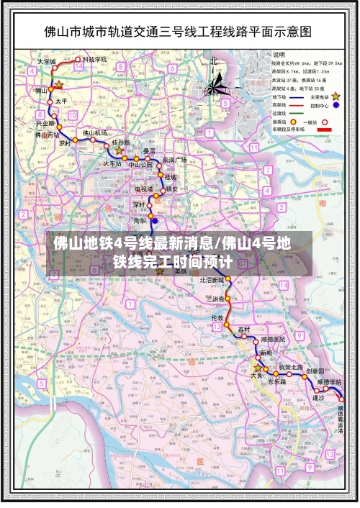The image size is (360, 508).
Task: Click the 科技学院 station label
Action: coord(94,59)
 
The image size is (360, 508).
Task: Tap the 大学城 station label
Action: coord(47,62)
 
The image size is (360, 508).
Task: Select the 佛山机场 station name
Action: coord(94,133)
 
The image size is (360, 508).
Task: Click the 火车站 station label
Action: coord(111,163)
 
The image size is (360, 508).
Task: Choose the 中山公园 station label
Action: coord(140,165)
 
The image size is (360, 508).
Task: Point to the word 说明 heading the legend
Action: coord(278,54)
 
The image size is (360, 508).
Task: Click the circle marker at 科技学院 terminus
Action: coord(78,60)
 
